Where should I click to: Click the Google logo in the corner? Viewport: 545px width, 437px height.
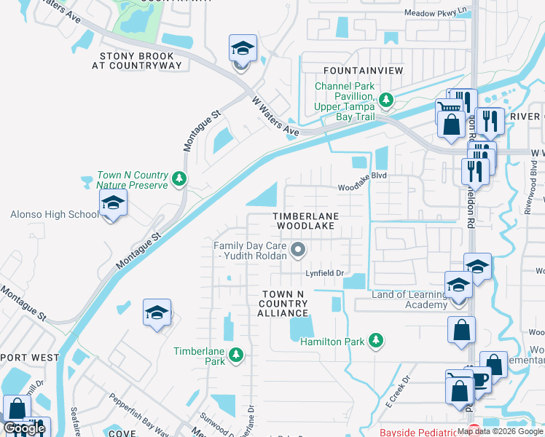click(x=24, y=429)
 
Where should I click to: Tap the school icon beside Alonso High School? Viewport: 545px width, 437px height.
click(x=113, y=204)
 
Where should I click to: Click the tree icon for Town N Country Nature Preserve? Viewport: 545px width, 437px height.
click(x=179, y=178)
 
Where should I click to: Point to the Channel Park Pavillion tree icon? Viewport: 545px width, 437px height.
click(x=386, y=99)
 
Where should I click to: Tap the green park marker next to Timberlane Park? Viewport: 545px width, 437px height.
click(x=235, y=355)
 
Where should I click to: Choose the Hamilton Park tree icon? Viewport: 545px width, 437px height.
click(x=376, y=340)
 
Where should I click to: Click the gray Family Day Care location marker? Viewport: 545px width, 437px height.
click(x=297, y=251)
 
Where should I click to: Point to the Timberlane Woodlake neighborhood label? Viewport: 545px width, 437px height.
click(x=304, y=221)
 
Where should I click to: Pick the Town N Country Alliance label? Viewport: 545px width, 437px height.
click(x=283, y=303)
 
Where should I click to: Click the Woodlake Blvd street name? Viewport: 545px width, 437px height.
click(x=361, y=187)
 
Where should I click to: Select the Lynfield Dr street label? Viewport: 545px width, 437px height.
click(x=324, y=273)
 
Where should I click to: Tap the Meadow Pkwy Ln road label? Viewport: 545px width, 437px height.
click(x=436, y=12)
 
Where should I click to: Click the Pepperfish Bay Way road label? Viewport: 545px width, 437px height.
click(x=138, y=411)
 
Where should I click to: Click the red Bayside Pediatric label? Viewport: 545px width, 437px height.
click(x=421, y=432)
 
